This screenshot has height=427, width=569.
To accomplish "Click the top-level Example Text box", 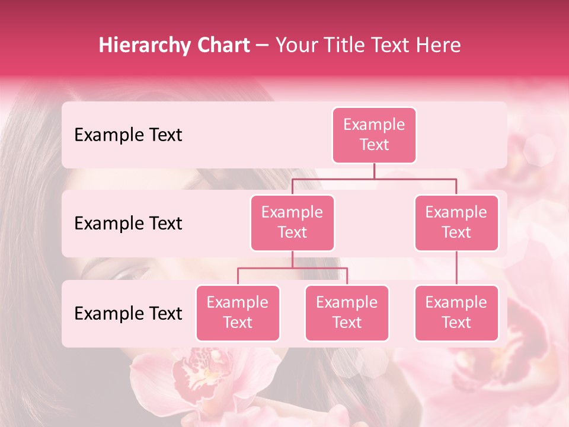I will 374,135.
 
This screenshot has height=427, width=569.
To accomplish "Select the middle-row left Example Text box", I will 292,222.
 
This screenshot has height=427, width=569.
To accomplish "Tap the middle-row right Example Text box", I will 456,222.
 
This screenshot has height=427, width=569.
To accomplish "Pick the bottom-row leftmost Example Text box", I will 238,313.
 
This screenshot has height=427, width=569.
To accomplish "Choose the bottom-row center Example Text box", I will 347,313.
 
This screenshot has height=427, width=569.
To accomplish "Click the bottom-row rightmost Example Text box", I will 456,313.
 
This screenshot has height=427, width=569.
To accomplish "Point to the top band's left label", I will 128,135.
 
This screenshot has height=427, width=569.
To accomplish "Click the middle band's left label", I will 128,224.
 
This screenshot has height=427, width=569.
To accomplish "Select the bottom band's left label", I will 128,314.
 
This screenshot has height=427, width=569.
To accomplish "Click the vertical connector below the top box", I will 374,171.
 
